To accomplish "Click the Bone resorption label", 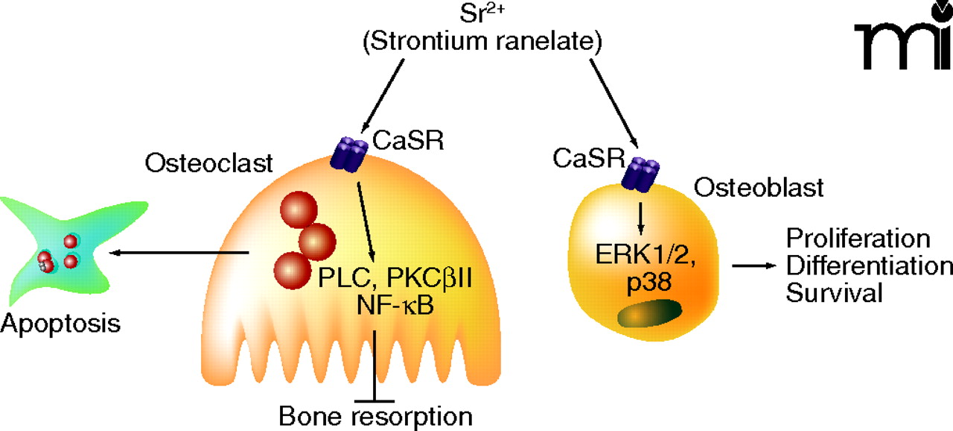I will (376, 415).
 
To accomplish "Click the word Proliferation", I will (858, 239).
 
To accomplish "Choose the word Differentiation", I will (869, 266).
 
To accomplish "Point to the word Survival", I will (835, 292).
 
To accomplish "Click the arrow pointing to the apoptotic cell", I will (179, 254).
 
